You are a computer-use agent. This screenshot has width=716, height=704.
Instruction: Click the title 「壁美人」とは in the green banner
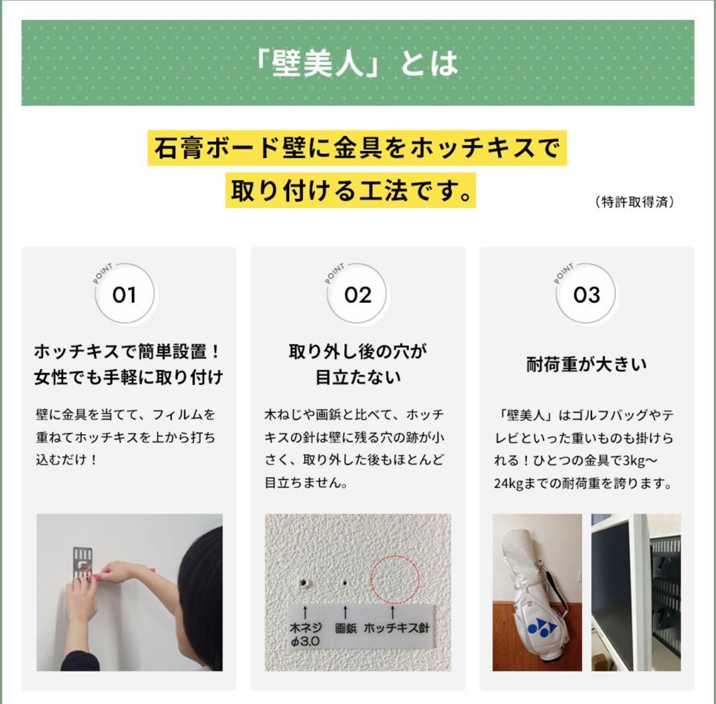(x=358, y=63)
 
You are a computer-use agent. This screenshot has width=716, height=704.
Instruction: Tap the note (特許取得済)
(x=634, y=202)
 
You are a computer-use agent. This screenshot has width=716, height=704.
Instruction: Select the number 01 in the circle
(x=124, y=295)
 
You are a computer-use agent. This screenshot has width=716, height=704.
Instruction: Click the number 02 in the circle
(x=357, y=295)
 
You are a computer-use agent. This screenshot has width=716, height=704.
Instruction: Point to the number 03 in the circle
(x=586, y=295)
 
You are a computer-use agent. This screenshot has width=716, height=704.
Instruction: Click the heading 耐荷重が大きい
(x=586, y=365)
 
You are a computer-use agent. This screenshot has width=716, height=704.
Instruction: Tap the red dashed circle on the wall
(x=394, y=575)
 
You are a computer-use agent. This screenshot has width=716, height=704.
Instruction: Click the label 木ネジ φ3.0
(x=305, y=634)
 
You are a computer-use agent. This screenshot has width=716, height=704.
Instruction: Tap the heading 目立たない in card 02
(x=357, y=378)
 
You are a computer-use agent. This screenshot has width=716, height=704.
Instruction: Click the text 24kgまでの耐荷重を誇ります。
(x=583, y=483)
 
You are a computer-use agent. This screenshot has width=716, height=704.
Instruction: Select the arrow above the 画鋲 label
(x=345, y=611)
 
